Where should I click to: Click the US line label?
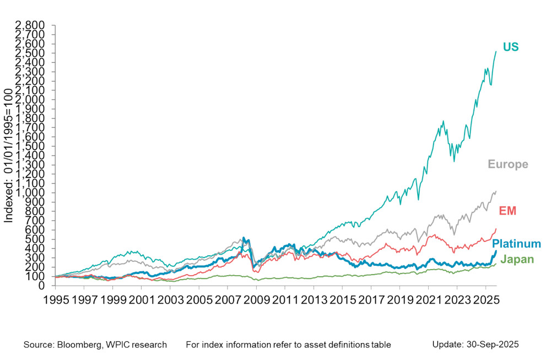[510, 47]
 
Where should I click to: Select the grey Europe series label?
[508, 164]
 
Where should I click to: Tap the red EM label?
[507, 211]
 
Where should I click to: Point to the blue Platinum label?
[516, 244]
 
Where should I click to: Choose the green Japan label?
[517, 259]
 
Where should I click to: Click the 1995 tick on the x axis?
[56, 303]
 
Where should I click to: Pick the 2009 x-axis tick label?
[256, 303]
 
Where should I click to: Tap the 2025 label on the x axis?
[485, 303]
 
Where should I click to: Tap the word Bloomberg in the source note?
[79, 345]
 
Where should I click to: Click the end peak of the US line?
[496, 51]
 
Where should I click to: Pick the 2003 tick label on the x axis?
[170, 303]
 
